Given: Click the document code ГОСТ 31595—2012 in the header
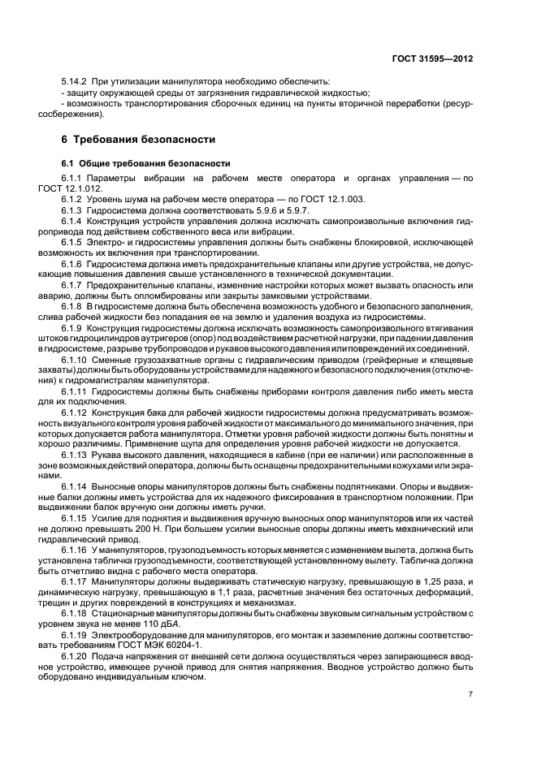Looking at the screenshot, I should coord(435,58).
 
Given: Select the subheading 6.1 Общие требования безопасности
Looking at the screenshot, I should coord(135,163).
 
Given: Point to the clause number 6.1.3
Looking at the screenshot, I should coord(74,209).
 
